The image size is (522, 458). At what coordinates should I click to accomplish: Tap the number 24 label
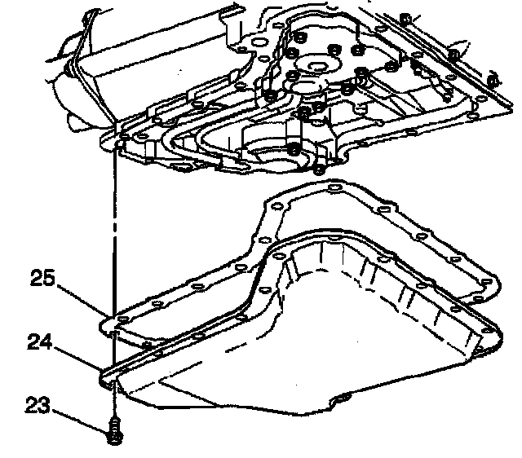[41, 343]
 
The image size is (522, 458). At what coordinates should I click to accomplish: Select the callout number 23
[38, 404]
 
